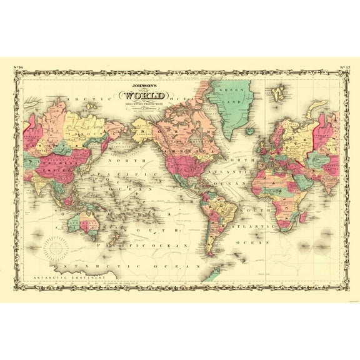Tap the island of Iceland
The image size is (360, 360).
tap(250, 132)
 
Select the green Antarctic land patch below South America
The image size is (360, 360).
tap(214, 274)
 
